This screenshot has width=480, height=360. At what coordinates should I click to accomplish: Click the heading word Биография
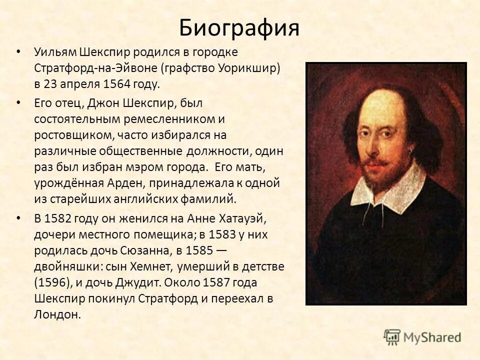[x=239, y=28]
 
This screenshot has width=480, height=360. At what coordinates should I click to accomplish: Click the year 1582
[x=60, y=218]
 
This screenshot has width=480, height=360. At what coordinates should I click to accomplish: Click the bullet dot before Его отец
[x=19, y=102]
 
